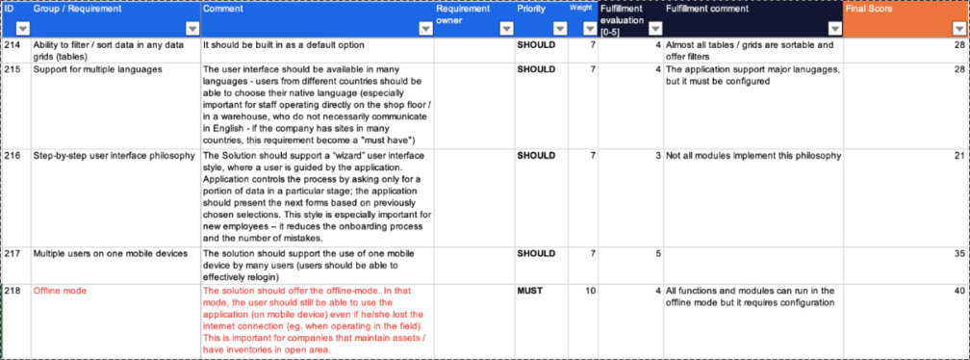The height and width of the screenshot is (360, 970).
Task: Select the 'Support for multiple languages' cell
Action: (x=97, y=69)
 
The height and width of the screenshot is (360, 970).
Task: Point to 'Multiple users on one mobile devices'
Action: (x=110, y=253)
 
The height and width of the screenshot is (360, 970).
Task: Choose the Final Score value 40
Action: (x=957, y=290)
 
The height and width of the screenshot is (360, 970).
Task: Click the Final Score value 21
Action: (x=957, y=155)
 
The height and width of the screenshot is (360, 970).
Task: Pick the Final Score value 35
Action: (x=957, y=253)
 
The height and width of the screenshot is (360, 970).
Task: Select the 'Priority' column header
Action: (x=532, y=9)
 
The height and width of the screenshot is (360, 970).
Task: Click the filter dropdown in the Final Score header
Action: (x=957, y=29)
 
